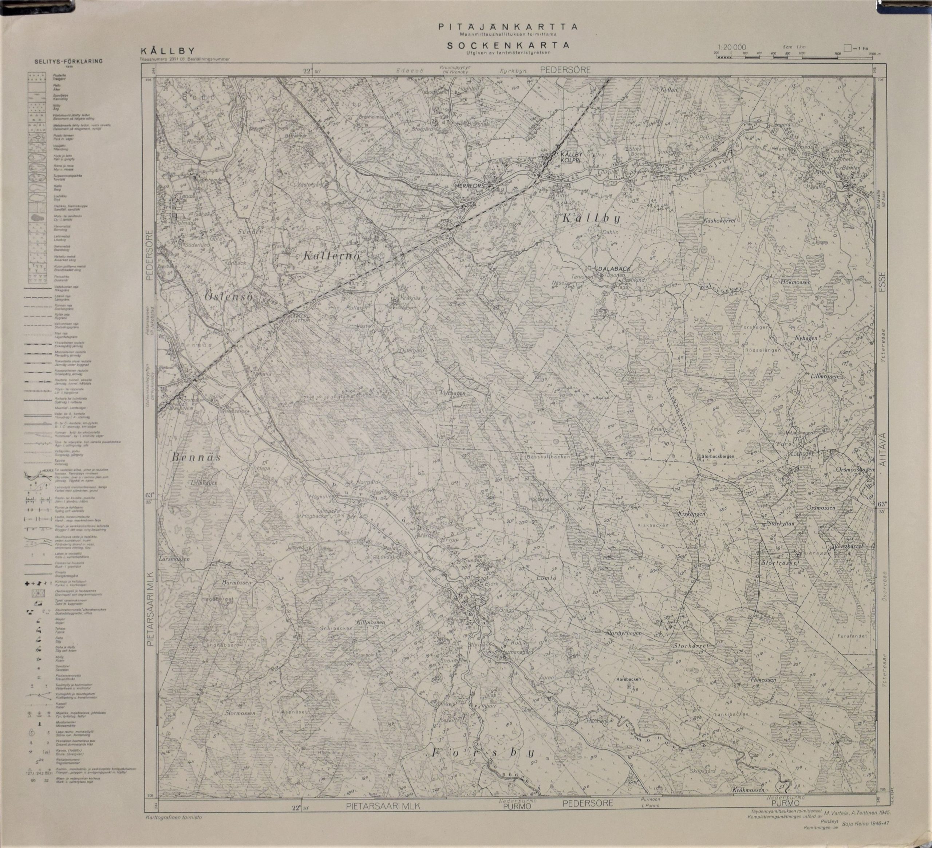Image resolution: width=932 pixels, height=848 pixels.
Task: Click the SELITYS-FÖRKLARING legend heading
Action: [68, 61]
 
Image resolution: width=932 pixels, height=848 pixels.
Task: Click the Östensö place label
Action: [229, 297]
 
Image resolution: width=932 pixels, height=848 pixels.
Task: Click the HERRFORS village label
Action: [469, 185]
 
